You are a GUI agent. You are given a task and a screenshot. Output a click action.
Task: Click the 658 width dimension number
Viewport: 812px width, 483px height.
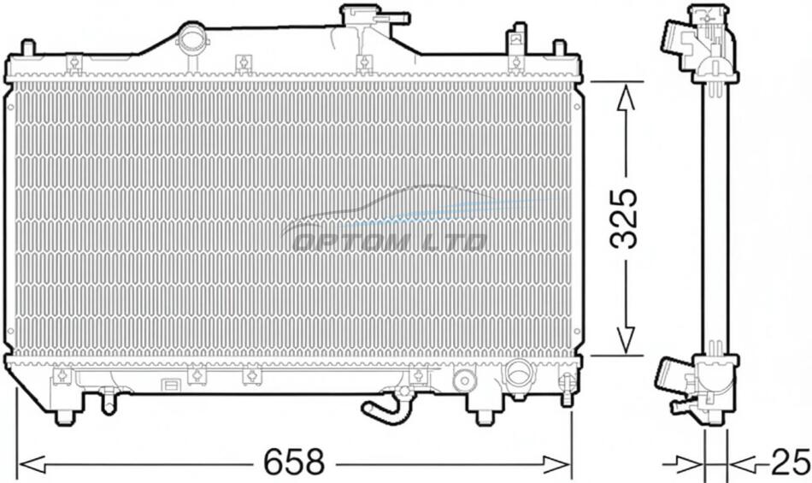(294, 462)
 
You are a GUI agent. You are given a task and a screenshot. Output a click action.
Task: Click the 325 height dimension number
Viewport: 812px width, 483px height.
(623, 218)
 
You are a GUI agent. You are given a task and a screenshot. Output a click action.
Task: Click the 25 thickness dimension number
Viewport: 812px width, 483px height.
(791, 462)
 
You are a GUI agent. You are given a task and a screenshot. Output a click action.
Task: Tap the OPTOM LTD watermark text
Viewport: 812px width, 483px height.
(390, 242)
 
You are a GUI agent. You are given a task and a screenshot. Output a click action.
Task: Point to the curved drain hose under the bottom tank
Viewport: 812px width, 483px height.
(382, 406)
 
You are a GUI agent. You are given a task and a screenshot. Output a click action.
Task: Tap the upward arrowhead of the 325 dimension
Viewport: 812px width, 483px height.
(626, 97)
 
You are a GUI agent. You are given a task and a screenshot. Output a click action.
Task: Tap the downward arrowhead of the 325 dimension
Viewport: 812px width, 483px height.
(626, 339)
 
